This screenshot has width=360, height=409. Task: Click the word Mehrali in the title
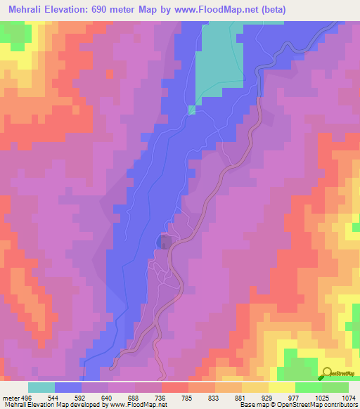25,9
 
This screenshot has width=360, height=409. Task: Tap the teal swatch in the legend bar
41,387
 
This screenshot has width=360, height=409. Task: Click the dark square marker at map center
165,242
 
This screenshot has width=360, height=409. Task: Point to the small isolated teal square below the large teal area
191,110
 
